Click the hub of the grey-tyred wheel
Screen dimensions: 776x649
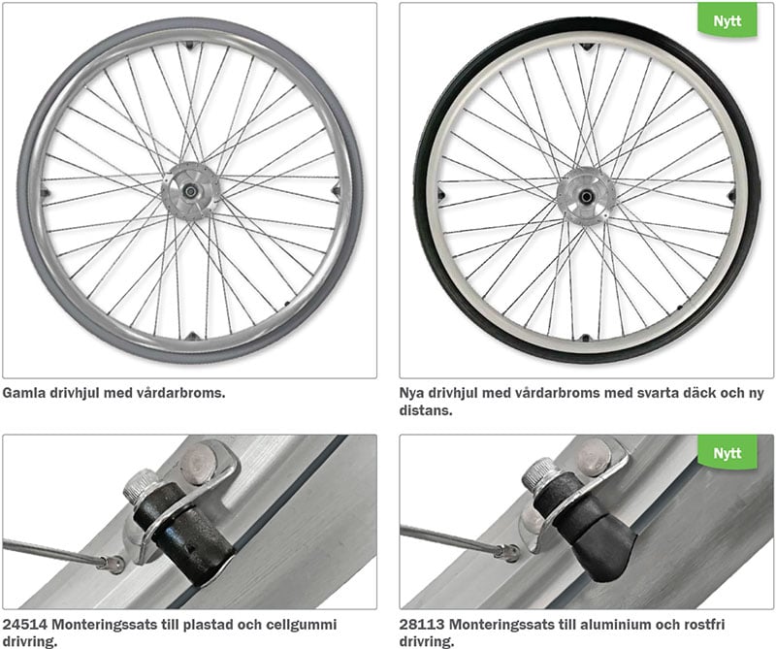point(190,191)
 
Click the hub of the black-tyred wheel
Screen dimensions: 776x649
point(587,197)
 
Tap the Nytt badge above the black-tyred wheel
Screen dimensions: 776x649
point(727,20)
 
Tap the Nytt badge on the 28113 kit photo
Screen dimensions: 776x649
point(727,452)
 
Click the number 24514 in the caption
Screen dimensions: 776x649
point(25,624)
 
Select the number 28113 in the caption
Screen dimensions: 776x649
point(422,624)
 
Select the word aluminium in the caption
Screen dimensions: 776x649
point(615,624)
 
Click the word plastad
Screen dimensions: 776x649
point(202,625)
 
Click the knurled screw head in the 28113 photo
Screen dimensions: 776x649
point(539,473)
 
